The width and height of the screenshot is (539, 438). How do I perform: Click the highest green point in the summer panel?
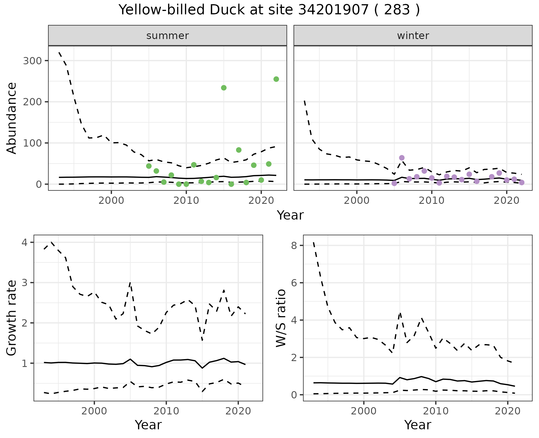tap(276, 79)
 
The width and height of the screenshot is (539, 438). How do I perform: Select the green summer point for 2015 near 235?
tap(224, 88)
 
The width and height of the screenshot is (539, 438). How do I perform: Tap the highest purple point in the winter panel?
tap(402, 158)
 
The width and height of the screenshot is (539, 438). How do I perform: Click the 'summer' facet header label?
tap(168, 36)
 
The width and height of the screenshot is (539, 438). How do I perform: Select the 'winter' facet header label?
tap(413, 36)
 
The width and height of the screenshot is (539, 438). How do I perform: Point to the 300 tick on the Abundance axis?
tap(32, 61)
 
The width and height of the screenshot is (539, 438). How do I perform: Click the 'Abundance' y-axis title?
tap(12, 118)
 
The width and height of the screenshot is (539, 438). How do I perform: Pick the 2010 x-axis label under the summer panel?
tap(186, 201)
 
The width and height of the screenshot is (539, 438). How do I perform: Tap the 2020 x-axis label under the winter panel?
tap(507, 201)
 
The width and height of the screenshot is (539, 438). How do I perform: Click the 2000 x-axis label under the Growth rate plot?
tap(94, 411)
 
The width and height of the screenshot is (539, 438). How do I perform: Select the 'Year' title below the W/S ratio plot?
tap(418, 425)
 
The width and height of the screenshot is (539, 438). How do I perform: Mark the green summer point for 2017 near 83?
tap(239, 150)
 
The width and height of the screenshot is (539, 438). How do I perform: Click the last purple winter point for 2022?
tap(522, 182)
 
